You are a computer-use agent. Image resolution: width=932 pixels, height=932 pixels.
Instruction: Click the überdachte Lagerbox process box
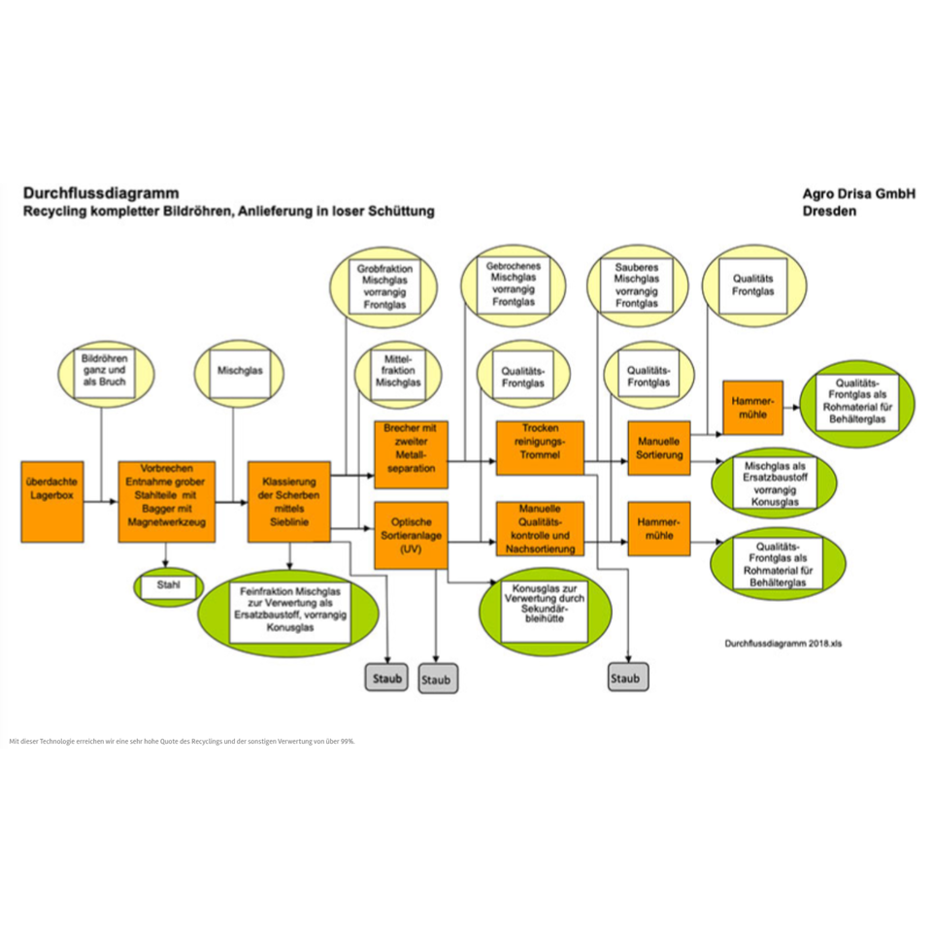pyautogui.click(x=52, y=502)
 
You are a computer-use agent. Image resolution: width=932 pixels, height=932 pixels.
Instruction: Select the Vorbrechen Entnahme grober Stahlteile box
pyautogui.click(x=166, y=502)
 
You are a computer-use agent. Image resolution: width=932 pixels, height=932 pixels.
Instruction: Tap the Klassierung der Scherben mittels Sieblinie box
pyautogui.click(x=289, y=502)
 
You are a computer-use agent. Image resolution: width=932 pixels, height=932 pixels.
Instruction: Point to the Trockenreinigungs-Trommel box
pyautogui.click(x=540, y=448)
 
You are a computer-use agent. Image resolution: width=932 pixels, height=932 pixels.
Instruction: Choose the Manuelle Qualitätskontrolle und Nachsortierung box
pyautogui.click(x=540, y=529)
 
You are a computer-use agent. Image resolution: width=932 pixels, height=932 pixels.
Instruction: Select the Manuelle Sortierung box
pyautogui.click(x=659, y=448)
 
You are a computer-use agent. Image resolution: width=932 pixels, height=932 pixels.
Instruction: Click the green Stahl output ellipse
pyautogui.click(x=167, y=586)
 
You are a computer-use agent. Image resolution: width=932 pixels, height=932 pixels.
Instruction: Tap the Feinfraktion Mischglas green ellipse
pyautogui.click(x=290, y=613)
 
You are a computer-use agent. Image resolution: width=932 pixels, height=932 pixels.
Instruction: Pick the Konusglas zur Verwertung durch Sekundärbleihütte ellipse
pyautogui.click(x=546, y=611)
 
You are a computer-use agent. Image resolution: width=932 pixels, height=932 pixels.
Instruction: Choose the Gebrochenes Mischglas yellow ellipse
pyautogui.click(x=514, y=285)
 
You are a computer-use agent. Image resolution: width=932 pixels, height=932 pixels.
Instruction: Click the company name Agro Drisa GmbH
pyautogui.click(x=858, y=193)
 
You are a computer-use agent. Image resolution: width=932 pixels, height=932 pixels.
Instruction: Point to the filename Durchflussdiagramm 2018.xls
pyautogui.click(x=782, y=643)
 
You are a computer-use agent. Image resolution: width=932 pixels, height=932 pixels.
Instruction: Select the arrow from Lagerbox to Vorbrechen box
pyautogui.click(x=101, y=502)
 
